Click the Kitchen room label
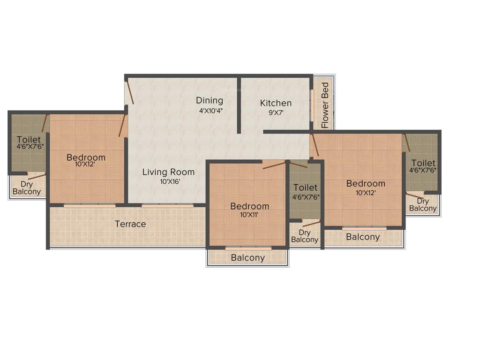point(276,103)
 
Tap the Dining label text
point(210,101)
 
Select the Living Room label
point(168,172)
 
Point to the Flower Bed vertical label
point(325,105)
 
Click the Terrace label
point(130,224)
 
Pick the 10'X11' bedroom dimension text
point(249,215)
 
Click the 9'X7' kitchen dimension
point(276,112)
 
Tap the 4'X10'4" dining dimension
point(210,111)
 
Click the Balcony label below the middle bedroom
point(248,258)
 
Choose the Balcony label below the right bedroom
point(363,237)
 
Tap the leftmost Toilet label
point(29,140)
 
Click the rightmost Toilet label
point(423,163)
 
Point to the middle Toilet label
point(305,188)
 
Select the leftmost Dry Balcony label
point(27,188)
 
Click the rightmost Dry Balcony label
point(423,205)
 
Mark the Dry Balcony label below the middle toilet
point(305,236)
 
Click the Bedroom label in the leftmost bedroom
point(86,157)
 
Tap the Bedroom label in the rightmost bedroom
point(366,183)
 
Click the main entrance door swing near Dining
point(130,92)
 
